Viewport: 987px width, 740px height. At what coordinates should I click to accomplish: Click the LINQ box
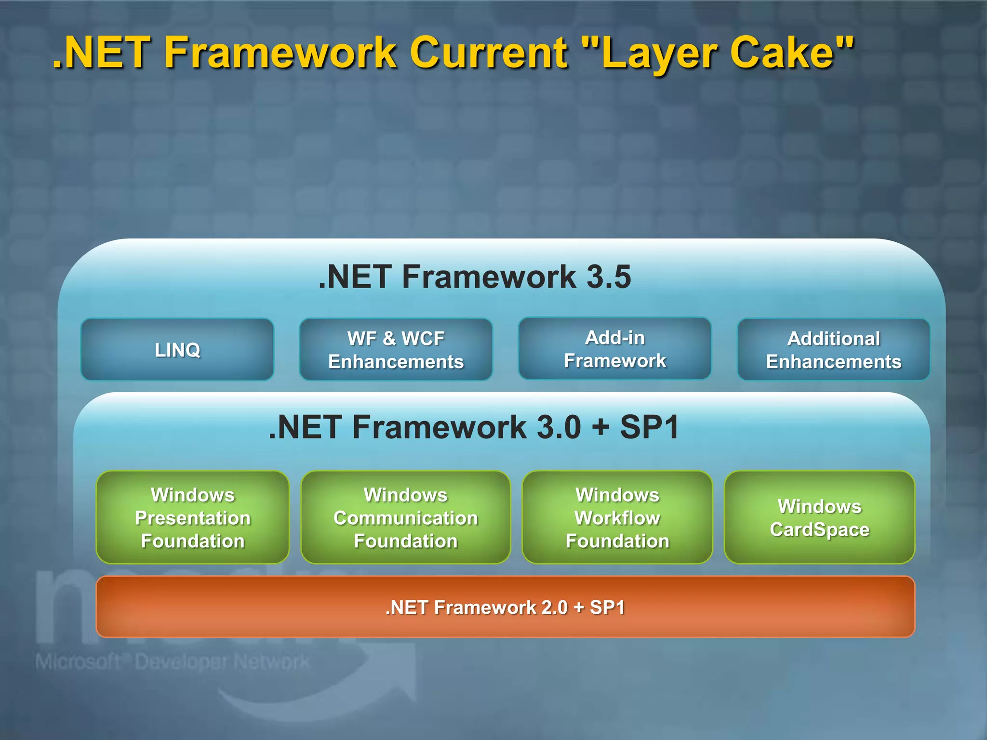[x=177, y=350]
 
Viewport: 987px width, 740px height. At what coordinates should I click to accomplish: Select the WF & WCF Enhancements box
[x=396, y=350]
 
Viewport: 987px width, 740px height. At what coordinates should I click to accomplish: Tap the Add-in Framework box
[x=614, y=349]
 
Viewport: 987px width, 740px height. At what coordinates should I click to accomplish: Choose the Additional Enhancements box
[x=833, y=350]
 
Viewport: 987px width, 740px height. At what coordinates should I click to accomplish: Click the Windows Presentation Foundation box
[x=193, y=517]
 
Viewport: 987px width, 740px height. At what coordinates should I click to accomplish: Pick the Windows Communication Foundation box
[x=405, y=517]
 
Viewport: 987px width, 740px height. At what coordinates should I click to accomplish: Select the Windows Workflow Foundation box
[x=617, y=517]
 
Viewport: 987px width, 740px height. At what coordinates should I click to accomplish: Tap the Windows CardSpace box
[x=819, y=517]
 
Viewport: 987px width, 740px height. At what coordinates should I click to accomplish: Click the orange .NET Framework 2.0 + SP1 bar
[x=505, y=607]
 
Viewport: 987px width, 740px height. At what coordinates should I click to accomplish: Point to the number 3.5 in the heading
[x=608, y=277]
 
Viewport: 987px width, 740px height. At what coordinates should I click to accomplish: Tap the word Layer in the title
[x=657, y=54]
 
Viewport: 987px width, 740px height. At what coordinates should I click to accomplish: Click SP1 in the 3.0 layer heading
[x=649, y=427]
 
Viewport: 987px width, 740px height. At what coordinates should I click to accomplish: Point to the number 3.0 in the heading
[x=559, y=427]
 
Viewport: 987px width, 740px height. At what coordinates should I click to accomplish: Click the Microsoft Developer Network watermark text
[x=172, y=662]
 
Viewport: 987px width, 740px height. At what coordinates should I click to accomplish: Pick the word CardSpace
[x=819, y=529]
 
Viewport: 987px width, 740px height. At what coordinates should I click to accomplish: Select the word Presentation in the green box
[x=193, y=518]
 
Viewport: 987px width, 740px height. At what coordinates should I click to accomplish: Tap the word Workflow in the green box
[x=617, y=518]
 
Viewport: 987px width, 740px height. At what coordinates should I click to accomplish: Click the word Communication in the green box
[x=405, y=518]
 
